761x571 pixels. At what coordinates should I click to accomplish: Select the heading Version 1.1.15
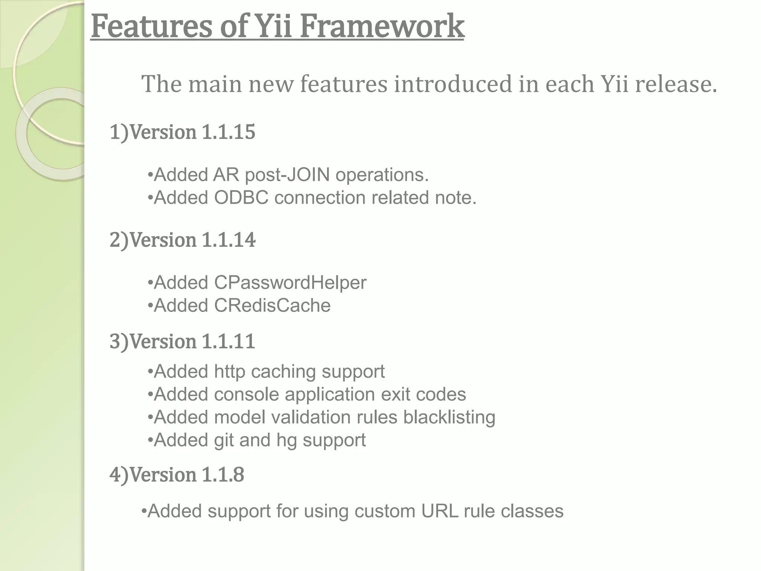point(182,132)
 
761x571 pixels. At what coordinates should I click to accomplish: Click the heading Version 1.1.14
point(182,240)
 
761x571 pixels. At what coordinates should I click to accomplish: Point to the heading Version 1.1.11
point(182,341)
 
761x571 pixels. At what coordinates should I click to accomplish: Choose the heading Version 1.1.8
point(177,475)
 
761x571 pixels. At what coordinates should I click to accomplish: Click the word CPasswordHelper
point(290,283)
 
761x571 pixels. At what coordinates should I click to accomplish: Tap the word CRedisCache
point(272,306)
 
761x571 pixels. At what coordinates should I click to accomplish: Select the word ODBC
point(241,198)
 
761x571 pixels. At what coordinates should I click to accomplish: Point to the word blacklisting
point(449,417)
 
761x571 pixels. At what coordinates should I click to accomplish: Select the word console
point(246,394)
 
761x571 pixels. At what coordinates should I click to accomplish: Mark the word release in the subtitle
point(676,84)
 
